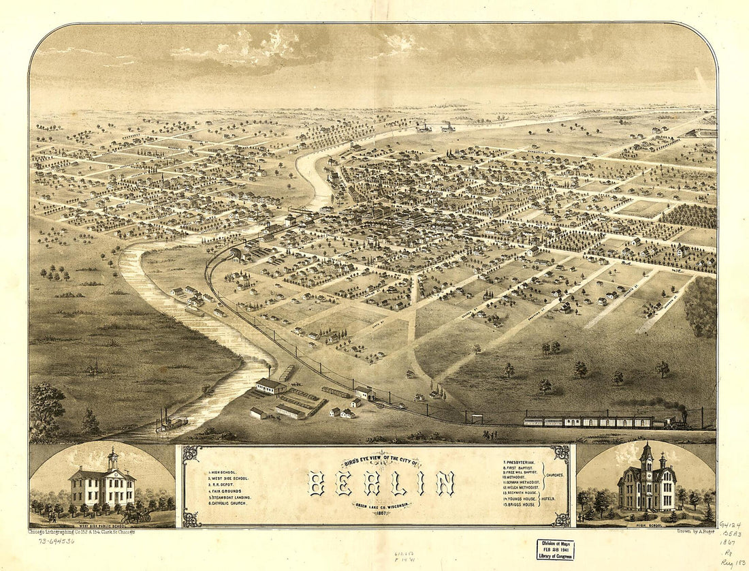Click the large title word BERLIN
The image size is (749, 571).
pos(381,484)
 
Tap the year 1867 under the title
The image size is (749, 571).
pos(381,513)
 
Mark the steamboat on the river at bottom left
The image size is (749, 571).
pos(170,422)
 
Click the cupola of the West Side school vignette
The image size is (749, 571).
pos(113,458)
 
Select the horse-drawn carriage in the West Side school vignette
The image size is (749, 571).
pos(136,517)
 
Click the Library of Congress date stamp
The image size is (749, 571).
pos(555,549)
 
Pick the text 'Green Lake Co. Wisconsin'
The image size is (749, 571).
pos(381,505)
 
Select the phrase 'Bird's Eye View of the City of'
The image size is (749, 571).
pos(381,463)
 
